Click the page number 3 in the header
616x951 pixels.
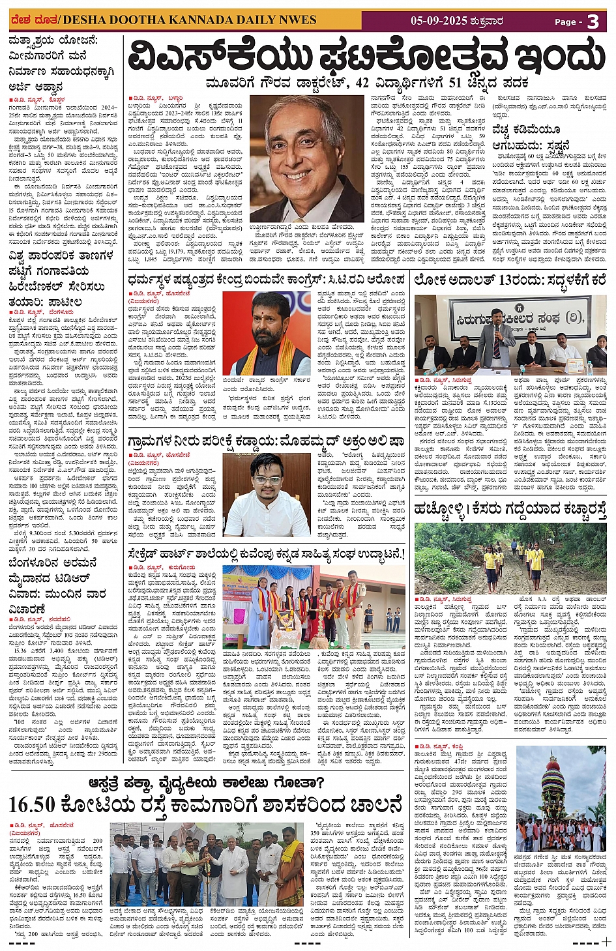click(593, 22)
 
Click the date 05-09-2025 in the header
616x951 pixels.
click(439, 21)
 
